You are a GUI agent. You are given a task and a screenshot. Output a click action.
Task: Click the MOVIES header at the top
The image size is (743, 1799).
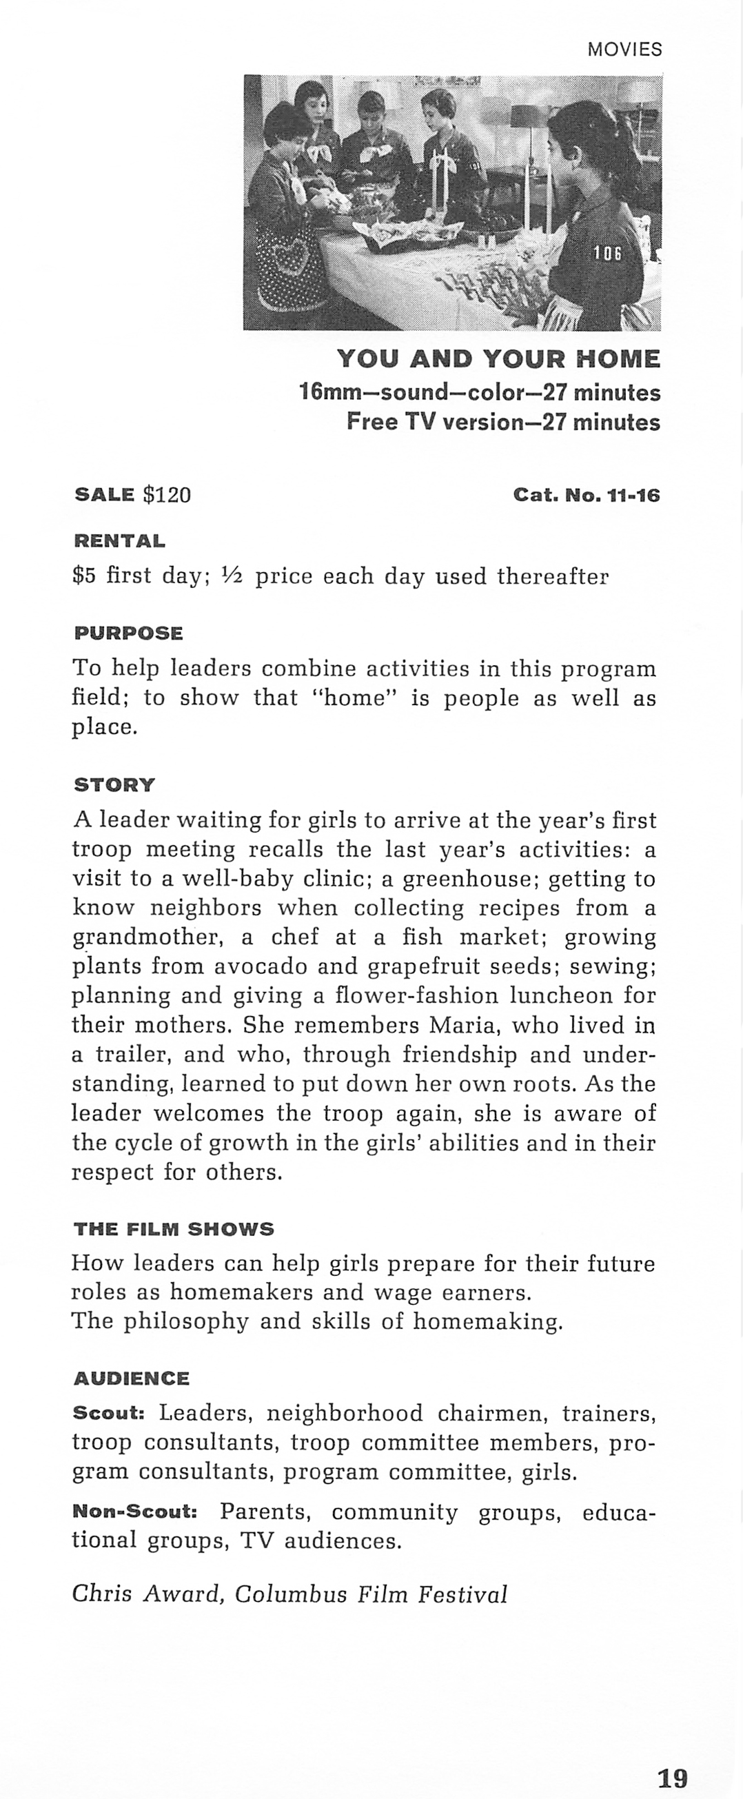(x=624, y=50)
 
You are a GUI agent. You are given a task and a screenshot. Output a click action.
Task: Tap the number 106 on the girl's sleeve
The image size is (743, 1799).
(x=607, y=254)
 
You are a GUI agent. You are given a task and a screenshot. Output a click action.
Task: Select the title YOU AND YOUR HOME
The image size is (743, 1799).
(x=498, y=359)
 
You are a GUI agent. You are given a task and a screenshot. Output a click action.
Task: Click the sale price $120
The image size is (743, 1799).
(x=166, y=495)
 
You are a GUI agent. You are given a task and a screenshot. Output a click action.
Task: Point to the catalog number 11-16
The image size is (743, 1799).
(x=633, y=495)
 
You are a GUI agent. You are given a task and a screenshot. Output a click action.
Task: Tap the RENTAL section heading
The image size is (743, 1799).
(x=119, y=541)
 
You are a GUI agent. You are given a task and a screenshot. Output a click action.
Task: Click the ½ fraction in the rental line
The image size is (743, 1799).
(x=231, y=576)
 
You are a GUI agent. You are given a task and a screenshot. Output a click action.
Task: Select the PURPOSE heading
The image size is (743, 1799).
(x=128, y=633)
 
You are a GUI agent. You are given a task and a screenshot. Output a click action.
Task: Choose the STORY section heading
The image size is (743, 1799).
(x=114, y=784)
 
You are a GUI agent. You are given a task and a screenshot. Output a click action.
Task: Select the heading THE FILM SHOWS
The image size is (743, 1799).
(x=173, y=1229)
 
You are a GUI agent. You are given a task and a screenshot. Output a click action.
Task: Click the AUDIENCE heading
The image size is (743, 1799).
(x=131, y=1379)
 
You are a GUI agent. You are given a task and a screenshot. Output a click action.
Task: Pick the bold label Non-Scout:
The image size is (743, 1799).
(x=135, y=1512)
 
